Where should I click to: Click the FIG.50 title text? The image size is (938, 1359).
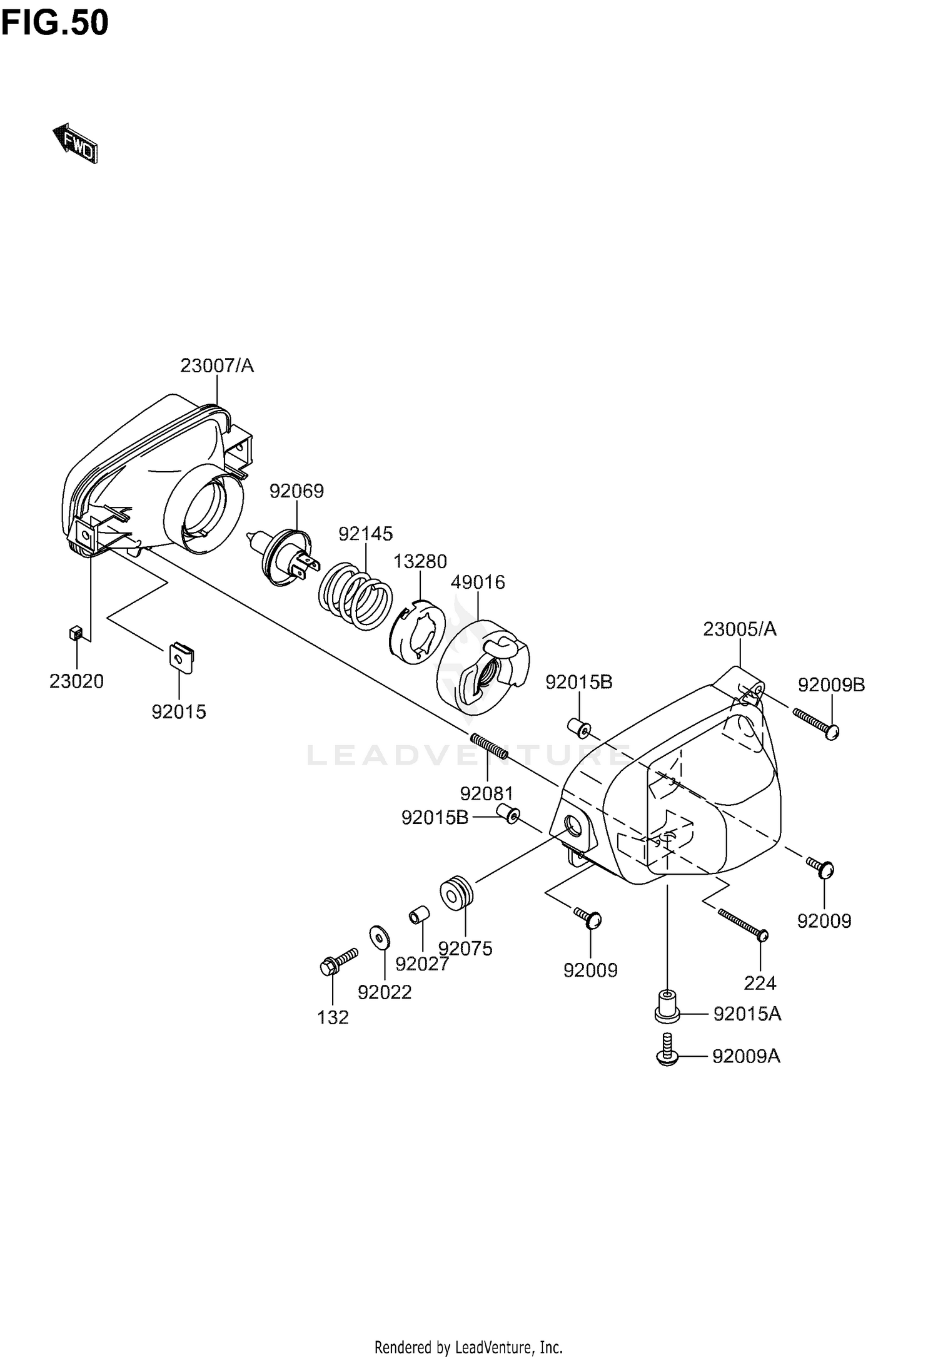tap(55, 24)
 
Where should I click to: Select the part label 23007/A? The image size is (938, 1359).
tap(217, 365)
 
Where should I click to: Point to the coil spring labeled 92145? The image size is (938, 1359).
tap(355, 594)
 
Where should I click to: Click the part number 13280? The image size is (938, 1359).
tap(420, 561)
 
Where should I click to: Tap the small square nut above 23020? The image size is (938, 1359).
tap(76, 633)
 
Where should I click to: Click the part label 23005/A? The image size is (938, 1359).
tap(739, 629)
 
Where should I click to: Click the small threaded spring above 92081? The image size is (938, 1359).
tap(488, 746)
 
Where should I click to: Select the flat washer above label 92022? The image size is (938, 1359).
tap(379, 936)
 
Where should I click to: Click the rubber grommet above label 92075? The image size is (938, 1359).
tap(457, 895)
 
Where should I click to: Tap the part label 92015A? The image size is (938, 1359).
tap(747, 1014)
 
